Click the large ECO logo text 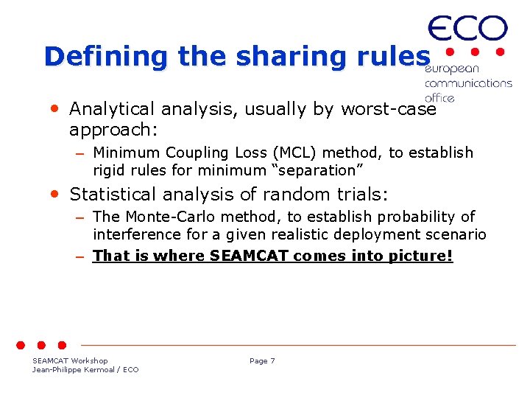coord(467,29)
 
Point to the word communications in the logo coord(468,83)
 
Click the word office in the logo coord(439,97)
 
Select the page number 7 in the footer coord(272,361)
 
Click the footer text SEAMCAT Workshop coord(70,361)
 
